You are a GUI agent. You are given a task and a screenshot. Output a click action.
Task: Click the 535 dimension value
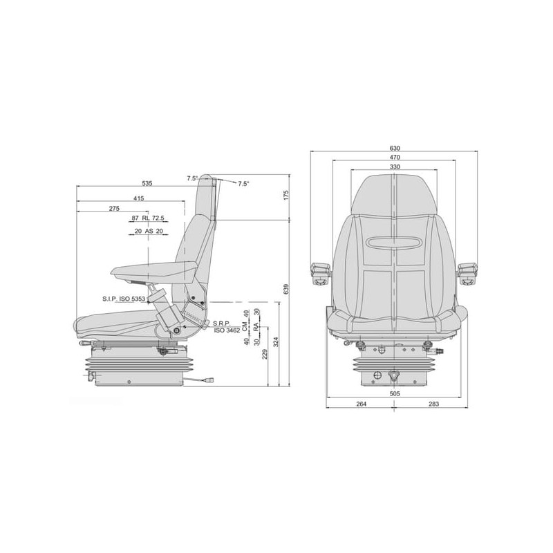147,183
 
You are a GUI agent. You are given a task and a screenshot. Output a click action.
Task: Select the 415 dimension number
139,198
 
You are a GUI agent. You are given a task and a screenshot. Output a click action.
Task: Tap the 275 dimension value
114,209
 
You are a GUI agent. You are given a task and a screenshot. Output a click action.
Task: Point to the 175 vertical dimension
286,196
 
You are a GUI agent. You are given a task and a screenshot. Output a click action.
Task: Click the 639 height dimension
286,289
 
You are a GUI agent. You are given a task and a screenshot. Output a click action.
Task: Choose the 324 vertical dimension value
276,342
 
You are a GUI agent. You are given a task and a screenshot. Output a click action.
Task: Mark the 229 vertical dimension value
265,354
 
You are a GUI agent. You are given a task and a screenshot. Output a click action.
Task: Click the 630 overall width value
395,148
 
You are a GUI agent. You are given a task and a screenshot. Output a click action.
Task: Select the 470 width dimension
395,158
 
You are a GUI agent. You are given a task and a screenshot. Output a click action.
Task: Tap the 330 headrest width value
395,167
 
